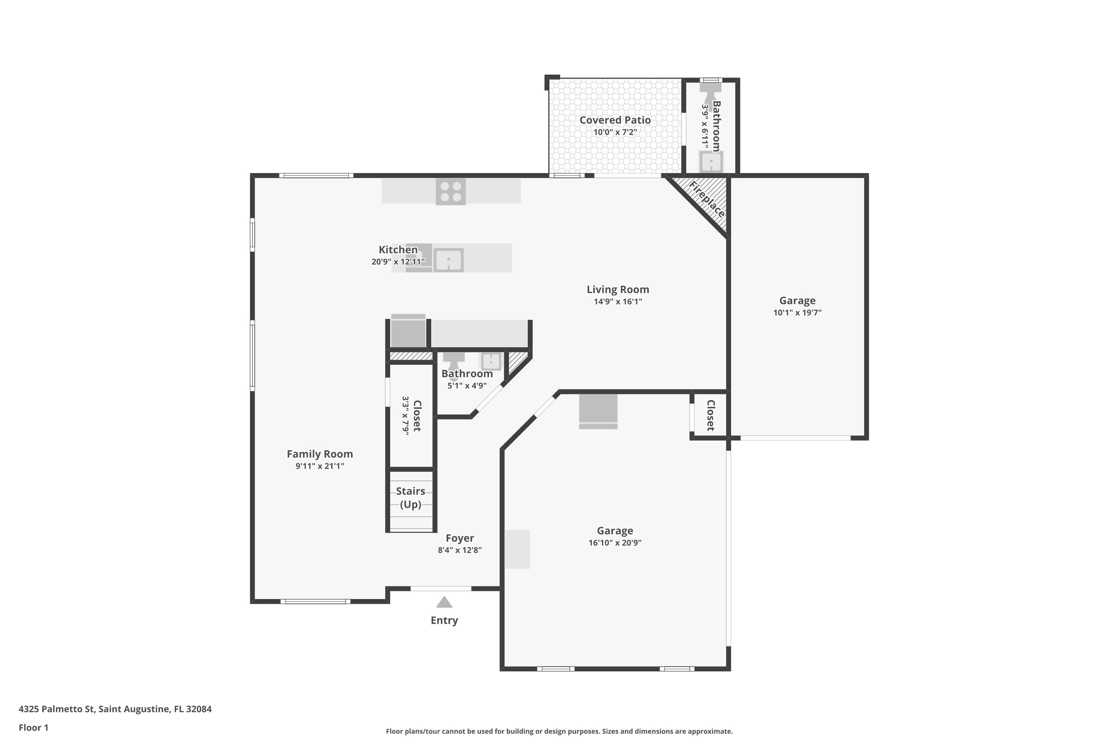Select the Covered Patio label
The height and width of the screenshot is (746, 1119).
[615, 120]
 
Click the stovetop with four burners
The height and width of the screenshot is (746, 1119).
[451, 191]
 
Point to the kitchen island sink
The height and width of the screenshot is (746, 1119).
[448, 260]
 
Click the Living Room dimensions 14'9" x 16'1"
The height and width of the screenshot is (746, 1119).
[618, 301]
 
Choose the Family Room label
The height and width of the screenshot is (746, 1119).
[320, 454]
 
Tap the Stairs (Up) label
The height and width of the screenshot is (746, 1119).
[411, 498]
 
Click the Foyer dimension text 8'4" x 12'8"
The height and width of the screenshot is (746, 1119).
[460, 550]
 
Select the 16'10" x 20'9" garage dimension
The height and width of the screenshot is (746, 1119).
[615, 542]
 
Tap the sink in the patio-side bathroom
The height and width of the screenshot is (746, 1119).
[711, 162]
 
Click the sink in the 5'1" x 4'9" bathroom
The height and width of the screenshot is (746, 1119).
[490, 361]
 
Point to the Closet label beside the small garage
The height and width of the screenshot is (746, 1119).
[710, 416]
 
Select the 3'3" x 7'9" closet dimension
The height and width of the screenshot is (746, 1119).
[405, 416]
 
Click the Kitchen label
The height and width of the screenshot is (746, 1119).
[398, 249]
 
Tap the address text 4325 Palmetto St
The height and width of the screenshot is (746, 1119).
[57, 709]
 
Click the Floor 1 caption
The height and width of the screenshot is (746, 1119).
[33, 727]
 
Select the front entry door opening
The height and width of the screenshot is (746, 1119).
[441, 589]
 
